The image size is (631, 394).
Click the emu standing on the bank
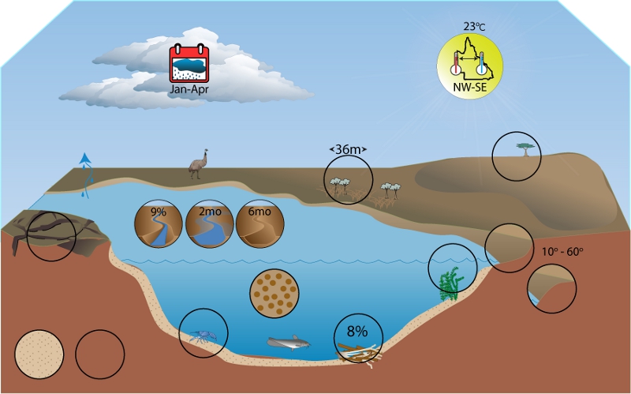click(x=196, y=163)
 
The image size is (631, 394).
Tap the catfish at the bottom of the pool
click(x=288, y=343)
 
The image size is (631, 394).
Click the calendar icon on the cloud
click(x=189, y=64)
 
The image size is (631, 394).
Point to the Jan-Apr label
click(x=189, y=89)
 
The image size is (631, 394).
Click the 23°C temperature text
click(x=474, y=26)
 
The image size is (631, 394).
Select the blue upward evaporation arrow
click(x=86, y=167)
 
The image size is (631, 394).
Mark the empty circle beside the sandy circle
click(x=99, y=353)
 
